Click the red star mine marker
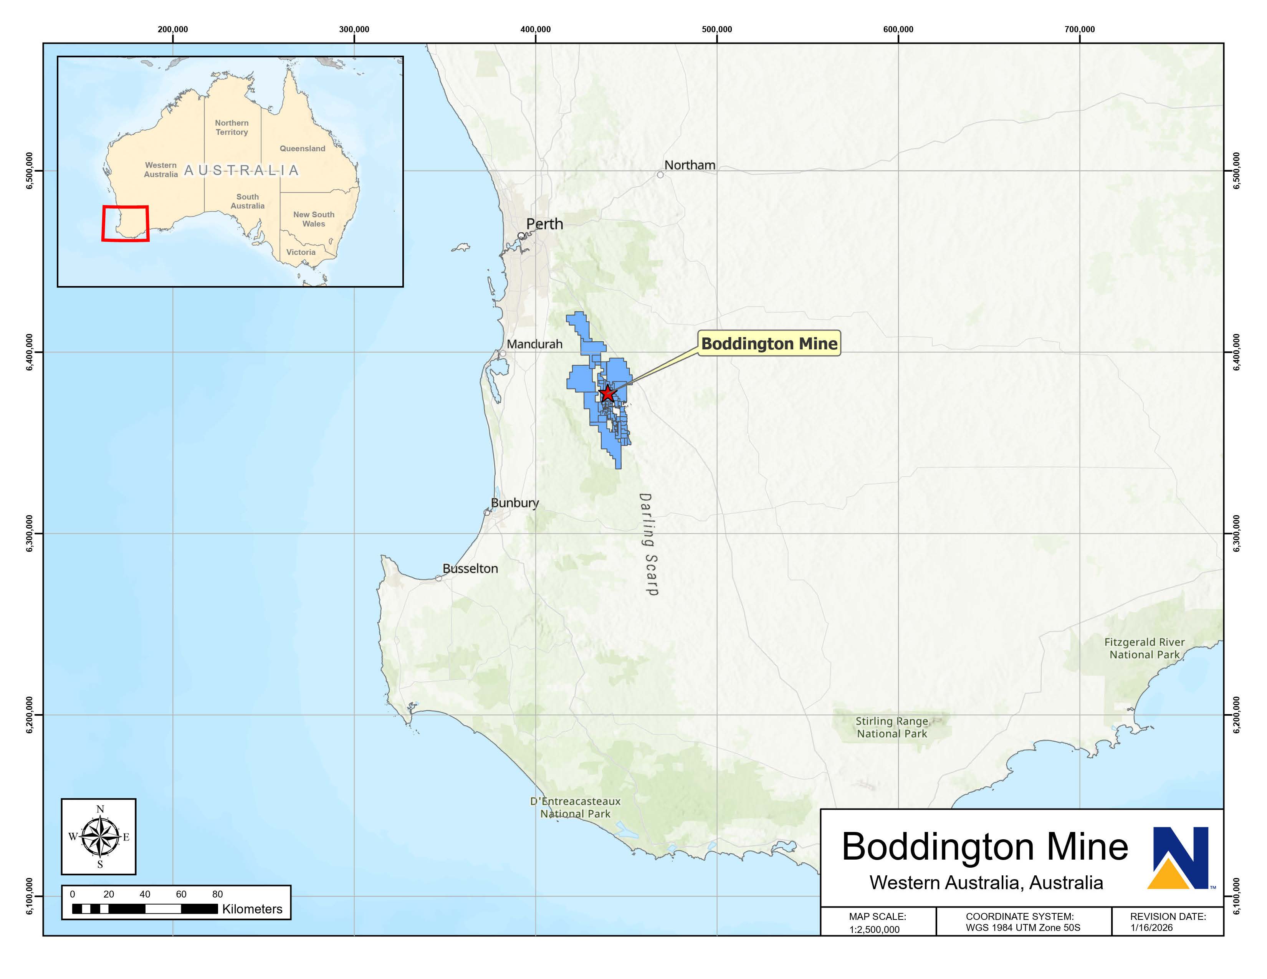(x=607, y=394)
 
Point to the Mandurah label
(x=534, y=344)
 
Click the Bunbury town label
(x=514, y=503)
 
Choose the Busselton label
(x=470, y=568)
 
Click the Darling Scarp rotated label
(x=648, y=544)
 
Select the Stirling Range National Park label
(x=892, y=727)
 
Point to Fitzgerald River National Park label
(x=1144, y=648)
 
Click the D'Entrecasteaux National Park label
(x=575, y=807)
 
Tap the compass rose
(x=100, y=836)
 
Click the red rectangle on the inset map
(x=125, y=223)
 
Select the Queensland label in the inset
(x=302, y=149)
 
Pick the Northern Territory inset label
(x=232, y=127)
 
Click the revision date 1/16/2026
(x=1151, y=928)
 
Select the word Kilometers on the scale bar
(x=252, y=909)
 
